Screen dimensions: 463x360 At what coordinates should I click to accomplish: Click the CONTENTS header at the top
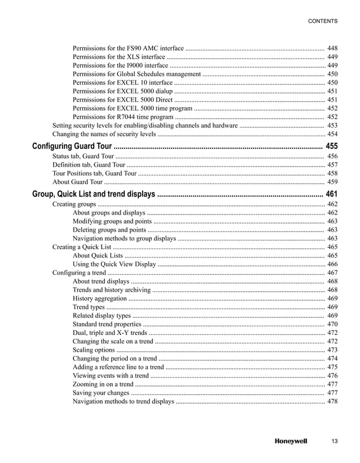322,21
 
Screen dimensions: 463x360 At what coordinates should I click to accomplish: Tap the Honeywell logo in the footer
291,441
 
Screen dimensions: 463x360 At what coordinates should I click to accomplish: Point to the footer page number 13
334,441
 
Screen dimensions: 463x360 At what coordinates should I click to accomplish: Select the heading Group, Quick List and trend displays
93,194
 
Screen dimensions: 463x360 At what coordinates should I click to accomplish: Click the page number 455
332,146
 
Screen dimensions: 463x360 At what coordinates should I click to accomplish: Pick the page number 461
332,194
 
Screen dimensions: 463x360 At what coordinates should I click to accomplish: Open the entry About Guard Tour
77,182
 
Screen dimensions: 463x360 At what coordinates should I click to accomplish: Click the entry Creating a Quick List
81,247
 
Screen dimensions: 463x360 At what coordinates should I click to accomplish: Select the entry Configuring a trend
77,273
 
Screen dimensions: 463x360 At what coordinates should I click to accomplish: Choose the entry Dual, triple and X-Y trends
111,333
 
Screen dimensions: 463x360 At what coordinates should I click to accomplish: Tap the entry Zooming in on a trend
103,384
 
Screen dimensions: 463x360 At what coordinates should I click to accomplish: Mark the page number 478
332,401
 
